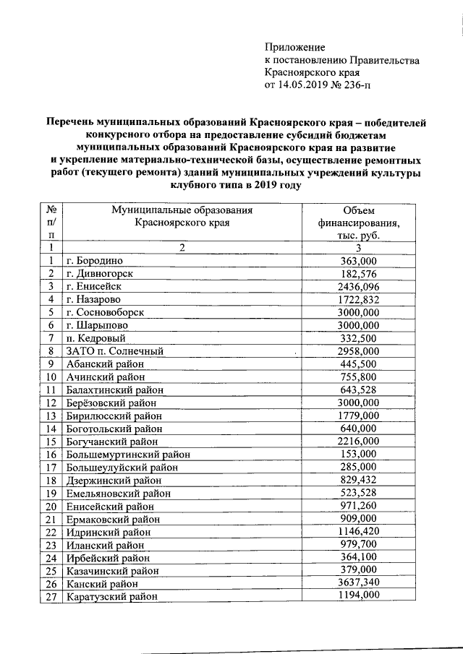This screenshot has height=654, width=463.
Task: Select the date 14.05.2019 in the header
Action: coord(304,87)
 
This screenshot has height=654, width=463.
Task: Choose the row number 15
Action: coord(51,442)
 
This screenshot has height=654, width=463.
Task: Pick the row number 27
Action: coord(51,596)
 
